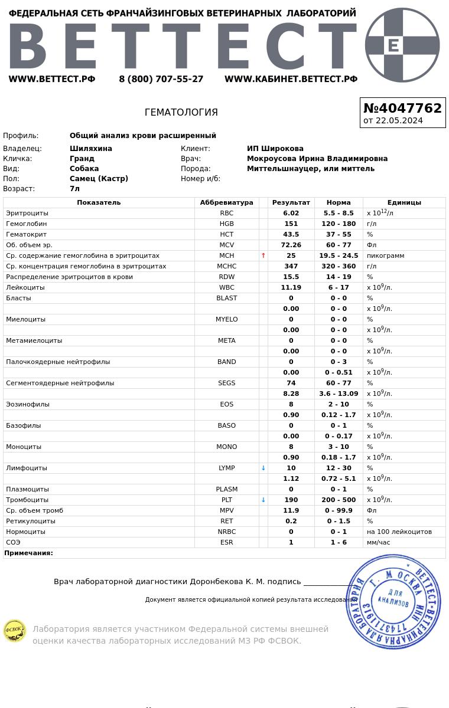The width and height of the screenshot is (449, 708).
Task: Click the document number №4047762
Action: [x=402, y=109]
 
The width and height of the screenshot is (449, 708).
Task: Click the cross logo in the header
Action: [x=402, y=45]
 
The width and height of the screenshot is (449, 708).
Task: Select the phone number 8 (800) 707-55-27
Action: [x=161, y=79]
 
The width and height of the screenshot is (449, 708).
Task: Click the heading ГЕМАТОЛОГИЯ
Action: [x=181, y=113]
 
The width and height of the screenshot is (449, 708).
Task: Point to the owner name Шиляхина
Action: [x=91, y=149]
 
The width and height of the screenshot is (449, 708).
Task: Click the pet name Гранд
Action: [x=82, y=159]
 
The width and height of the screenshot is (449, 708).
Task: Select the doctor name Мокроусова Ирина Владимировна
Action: [x=317, y=159]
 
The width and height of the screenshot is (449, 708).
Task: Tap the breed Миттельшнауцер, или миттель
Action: [x=311, y=169]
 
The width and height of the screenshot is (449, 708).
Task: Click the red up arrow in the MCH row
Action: [x=263, y=256]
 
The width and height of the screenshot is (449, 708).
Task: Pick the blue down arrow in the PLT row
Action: [x=263, y=500]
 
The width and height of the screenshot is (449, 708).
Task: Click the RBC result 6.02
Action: [x=291, y=214]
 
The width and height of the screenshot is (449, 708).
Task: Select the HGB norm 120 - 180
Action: [x=339, y=224]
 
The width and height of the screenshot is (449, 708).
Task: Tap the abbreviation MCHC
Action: [x=226, y=267]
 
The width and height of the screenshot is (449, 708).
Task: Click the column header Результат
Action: [x=291, y=203]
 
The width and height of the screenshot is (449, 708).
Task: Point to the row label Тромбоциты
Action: [x=27, y=500]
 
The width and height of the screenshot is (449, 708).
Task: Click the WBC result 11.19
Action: [x=291, y=288]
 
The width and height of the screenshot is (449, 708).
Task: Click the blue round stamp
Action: [x=393, y=602]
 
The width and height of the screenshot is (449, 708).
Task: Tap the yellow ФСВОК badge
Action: [x=14, y=631]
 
